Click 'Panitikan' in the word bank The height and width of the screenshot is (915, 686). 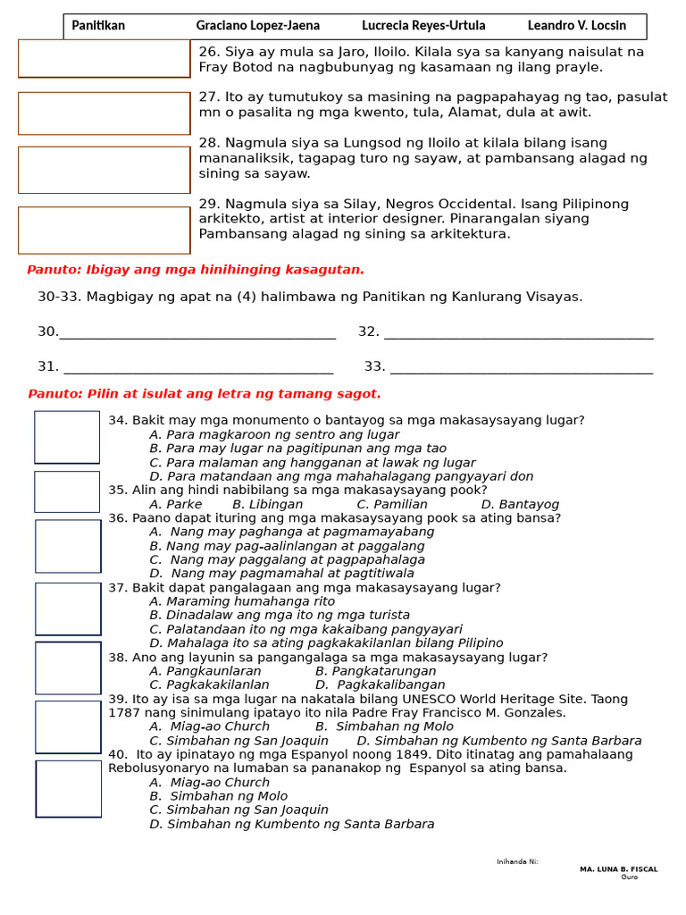coord(98,26)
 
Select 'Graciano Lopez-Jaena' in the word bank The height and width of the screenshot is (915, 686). coord(257,26)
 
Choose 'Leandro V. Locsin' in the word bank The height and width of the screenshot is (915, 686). coord(576,26)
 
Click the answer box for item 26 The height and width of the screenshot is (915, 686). coord(104,58)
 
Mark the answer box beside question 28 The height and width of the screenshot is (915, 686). coord(104,170)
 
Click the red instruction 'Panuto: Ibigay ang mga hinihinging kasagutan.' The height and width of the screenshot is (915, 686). coord(196,270)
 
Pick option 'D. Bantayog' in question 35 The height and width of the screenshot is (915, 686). coord(520,504)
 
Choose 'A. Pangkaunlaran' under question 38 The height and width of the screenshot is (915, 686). coord(205,671)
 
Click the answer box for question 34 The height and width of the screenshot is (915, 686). coord(67,437)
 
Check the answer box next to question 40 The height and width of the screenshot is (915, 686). coord(69,789)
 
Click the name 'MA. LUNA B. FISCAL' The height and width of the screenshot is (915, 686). coord(618,869)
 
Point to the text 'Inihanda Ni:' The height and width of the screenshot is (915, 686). coord(517,861)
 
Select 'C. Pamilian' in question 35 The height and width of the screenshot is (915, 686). coord(392,504)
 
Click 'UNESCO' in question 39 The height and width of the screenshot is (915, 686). coord(433,699)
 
